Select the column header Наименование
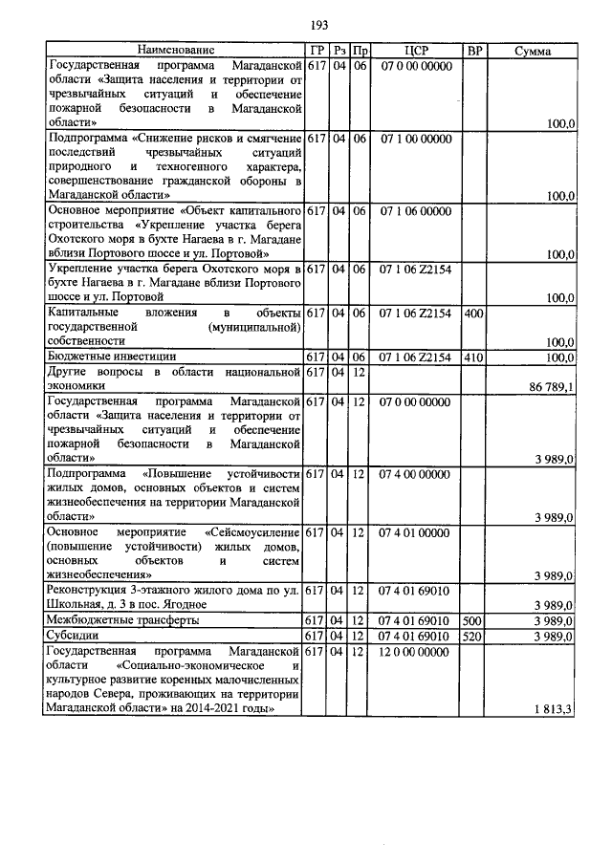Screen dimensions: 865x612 [x=175, y=50]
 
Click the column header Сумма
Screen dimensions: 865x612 [x=531, y=50]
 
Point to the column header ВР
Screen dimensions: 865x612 [x=472, y=50]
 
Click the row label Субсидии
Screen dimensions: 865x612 [x=73, y=636]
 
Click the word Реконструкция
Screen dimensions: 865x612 [x=88, y=591]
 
